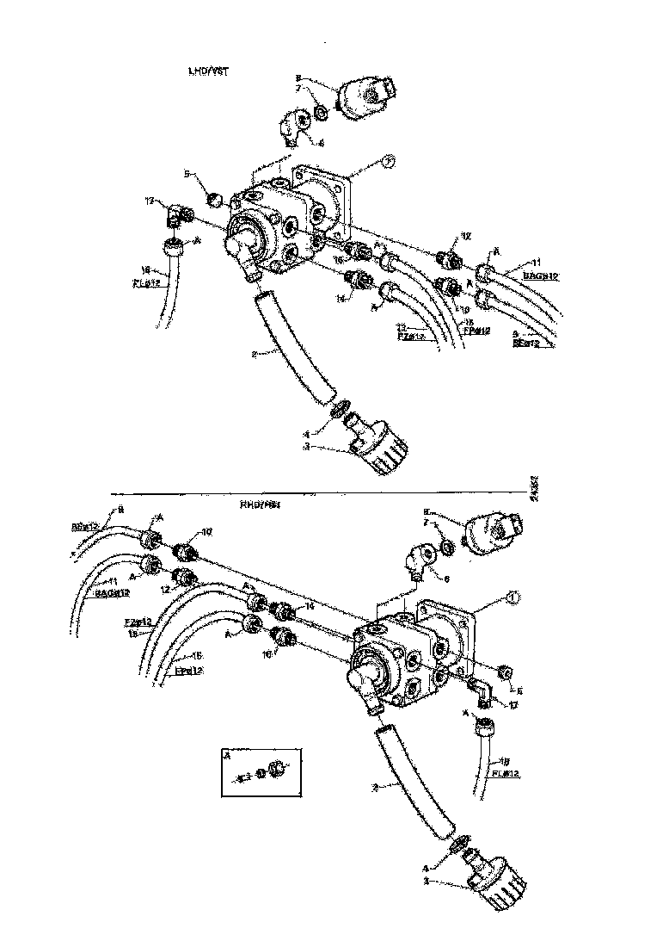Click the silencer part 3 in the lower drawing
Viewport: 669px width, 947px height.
coord(497,871)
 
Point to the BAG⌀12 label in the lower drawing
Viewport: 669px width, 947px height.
coord(112,592)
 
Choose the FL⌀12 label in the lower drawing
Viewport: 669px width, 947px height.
coord(505,774)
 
